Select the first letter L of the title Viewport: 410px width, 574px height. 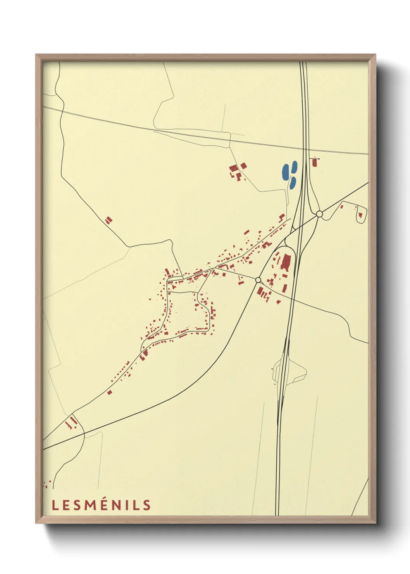point(55,505)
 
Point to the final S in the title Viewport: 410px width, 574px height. point(146,505)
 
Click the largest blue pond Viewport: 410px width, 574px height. point(286,171)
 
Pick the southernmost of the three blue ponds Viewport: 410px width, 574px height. point(293,183)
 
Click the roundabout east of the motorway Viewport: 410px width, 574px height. point(319,214)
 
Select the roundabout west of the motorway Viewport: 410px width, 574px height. point(258,280)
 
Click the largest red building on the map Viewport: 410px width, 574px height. point(286,262)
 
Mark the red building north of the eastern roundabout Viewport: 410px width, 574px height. point(314,163)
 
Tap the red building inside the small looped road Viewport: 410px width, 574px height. point(360,214)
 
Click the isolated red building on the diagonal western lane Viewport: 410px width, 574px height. point(109,220)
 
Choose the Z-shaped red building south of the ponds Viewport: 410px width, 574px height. point(282,216)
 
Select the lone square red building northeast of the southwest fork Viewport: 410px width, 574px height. point(110,392)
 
